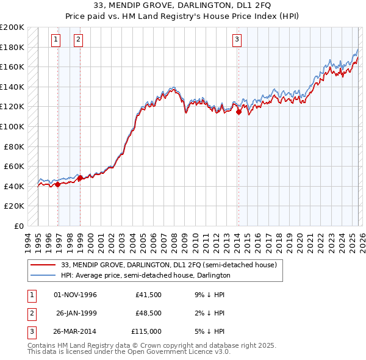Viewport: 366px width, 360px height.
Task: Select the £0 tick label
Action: [x=19, y=226]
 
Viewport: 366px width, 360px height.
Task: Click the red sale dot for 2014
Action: [x=239, y=112]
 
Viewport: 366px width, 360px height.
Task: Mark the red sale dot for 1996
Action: [x=58, y=184]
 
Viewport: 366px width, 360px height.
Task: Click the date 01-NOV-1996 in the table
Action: [x=76, y=295]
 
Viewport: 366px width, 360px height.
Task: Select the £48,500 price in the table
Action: [x=148, y=313]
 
